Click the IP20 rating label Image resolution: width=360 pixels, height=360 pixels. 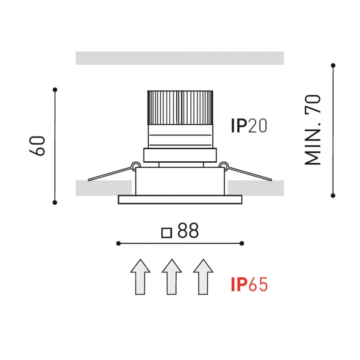point(249,126)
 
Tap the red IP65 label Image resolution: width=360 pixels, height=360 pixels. point(249,284)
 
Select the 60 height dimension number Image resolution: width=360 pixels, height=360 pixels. point(37,146)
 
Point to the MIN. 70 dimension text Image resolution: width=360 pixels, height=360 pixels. point(312,130)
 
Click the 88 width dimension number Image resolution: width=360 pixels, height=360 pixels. point(188,230)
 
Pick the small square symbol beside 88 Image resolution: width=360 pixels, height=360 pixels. point(167,233)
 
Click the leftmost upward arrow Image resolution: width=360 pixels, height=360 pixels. point(140,277)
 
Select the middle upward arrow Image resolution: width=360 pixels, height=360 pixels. point(172,277)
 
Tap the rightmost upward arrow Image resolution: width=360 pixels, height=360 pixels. point(203,277)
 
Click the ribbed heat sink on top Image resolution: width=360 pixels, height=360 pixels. point(180,108)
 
